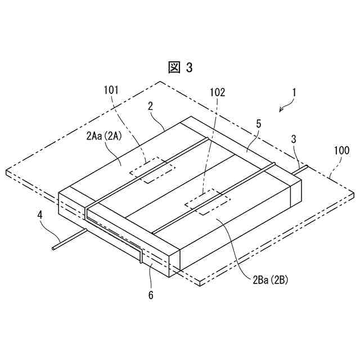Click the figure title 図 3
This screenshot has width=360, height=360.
coord(181,67)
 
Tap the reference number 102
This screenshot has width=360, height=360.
coord(218,92)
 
